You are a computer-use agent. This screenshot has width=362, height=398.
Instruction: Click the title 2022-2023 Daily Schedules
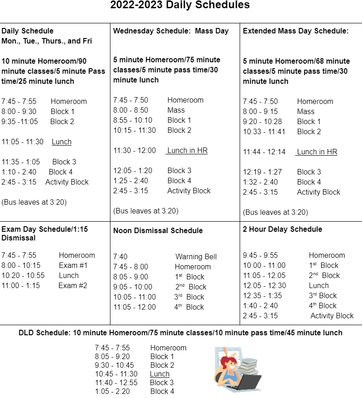pos(180,5)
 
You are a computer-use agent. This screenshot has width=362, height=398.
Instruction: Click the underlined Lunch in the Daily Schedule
pos(61,142)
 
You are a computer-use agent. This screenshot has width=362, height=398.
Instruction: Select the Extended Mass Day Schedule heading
pos(296,31)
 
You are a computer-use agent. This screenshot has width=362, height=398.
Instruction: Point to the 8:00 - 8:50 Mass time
pos(131,110)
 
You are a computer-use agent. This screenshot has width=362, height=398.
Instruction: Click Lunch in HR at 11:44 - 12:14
pos(317,152)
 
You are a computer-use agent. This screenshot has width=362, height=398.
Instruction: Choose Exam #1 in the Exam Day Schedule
pos(73,266)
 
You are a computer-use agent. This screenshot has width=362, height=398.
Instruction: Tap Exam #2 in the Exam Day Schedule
pos(72,286)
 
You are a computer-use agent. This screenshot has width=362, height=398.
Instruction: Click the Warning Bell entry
pos(196,257)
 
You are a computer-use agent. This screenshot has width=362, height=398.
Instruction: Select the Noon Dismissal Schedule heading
pos(158,231)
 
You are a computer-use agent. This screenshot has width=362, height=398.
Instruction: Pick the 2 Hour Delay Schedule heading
pos(282,229)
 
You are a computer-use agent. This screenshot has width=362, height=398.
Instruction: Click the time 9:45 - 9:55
pos(260,256)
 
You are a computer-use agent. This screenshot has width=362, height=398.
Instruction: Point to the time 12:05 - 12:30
pos(264,286)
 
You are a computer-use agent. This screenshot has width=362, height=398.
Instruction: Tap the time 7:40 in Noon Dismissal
pos(121,257)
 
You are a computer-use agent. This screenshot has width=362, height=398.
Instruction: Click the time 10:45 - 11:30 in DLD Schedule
pos(116,374)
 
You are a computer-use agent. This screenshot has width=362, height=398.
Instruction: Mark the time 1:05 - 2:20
pos(112,392)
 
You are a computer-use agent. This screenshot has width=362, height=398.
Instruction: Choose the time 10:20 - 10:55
pos(23,276)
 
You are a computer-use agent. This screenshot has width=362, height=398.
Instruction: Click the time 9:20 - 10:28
pos(263,122)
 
